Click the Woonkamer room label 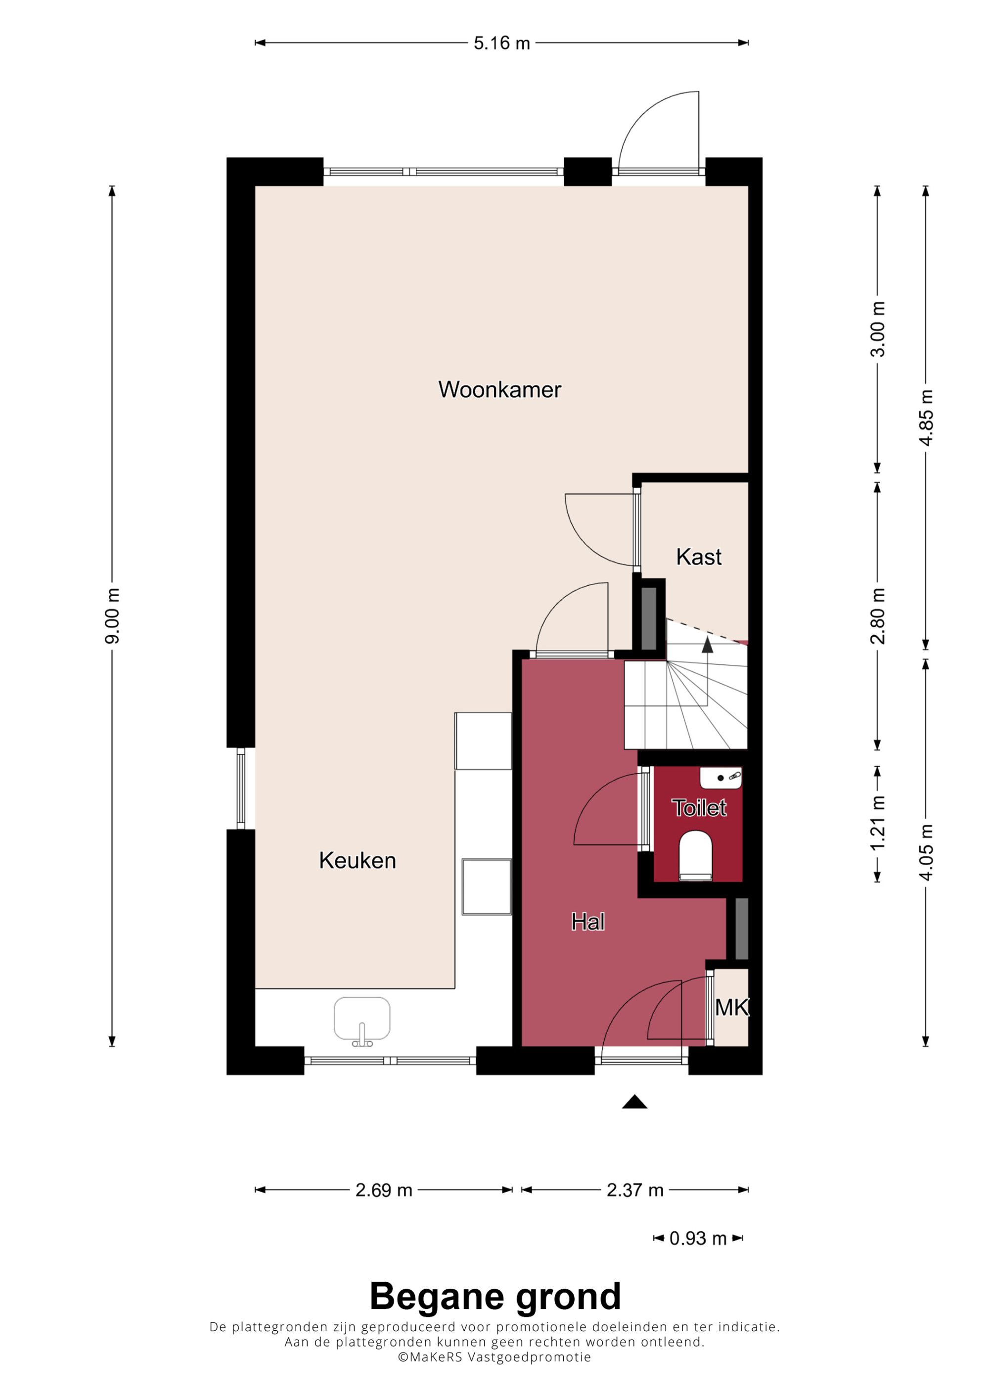(499, 390)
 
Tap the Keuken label (358, 860)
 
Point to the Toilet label (699, 808)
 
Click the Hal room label (588, 922)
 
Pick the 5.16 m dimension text (502, 44)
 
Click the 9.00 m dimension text (112, 616)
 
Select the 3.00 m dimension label (877, 329)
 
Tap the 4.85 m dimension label (926, 418)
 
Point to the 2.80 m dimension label (877, 616)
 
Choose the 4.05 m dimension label (926, 852)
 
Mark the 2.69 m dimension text (384, 1190)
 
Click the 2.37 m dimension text (635, 1190)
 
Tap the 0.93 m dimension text (698, 1238)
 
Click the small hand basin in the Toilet (721, 778)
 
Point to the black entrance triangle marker (634, 1101)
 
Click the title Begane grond (495, 1297)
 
